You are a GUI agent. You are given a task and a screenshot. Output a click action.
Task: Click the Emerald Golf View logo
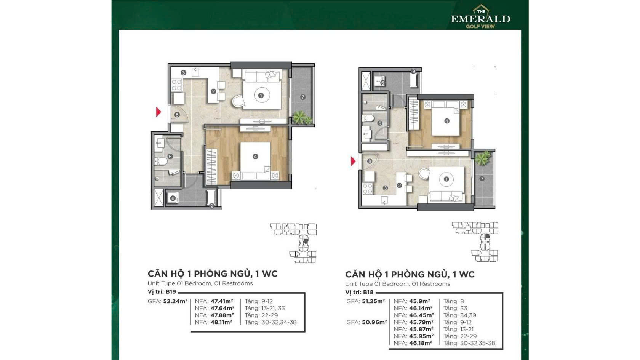(x=481, y=17)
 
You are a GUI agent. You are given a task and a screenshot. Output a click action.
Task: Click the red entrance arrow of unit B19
(x=158, y=112)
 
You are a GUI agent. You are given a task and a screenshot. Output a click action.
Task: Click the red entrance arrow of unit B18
(x=353, y=161)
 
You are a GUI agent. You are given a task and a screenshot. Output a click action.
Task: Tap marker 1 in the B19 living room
(x=261, y=95)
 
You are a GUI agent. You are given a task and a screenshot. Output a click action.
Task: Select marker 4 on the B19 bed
(x=255, y=156)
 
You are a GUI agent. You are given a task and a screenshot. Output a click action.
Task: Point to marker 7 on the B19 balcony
(x=303, y=97)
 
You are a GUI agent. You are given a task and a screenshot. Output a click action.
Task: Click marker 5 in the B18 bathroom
(x=380, y=123)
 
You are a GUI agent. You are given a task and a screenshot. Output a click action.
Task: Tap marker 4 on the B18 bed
(x=447, y=121)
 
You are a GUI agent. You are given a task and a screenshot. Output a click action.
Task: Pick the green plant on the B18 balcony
(x=483, y=158)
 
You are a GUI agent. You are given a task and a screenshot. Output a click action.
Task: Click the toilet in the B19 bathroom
(x=161, y=162)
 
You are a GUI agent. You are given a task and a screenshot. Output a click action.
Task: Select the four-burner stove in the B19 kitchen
(x=177, y=85)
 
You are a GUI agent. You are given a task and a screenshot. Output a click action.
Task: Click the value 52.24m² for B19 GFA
(x=175, y=301)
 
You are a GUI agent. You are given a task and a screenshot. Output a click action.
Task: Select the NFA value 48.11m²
(x=221, y=322)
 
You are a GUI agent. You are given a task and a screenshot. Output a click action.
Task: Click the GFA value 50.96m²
(x=374, y=322)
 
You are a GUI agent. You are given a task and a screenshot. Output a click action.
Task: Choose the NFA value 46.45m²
(x=421, y=315)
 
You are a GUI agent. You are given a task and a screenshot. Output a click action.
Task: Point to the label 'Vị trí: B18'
(x=360, y=292)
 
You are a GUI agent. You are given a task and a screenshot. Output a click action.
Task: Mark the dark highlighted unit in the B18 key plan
(x=488, y=236)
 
